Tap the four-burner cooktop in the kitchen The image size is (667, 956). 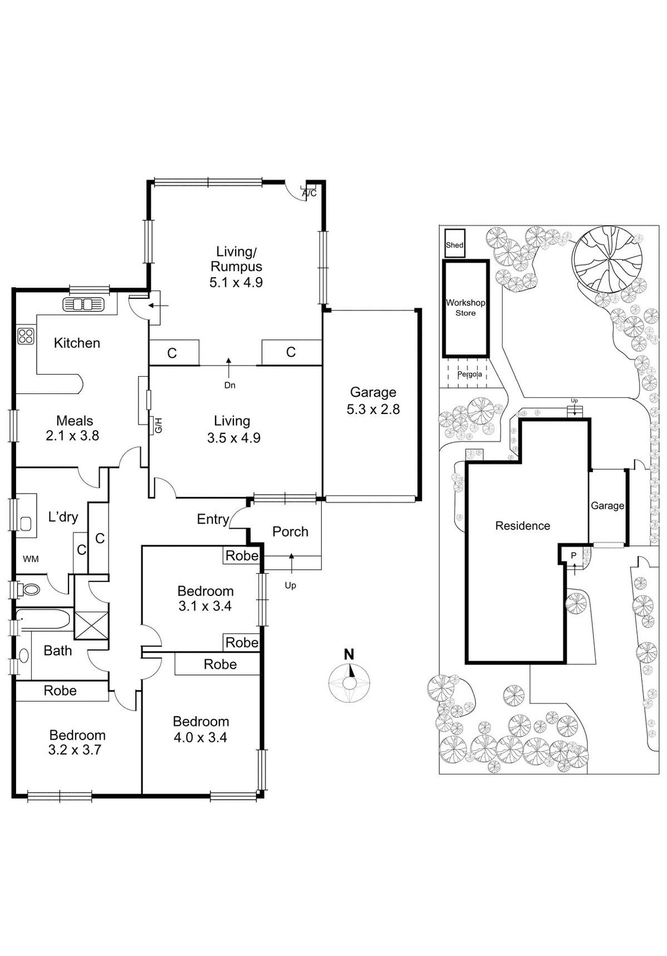(x=26, y=336)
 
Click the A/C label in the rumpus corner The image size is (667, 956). (x=310, y=193)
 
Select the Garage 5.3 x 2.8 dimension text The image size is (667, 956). (x=373, y=410)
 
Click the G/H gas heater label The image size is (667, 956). (x=158, y=426)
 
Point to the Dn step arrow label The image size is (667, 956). (x=229, y=385)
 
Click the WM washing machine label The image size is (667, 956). (x=31, y=559)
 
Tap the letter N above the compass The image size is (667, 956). (x=349, y=654)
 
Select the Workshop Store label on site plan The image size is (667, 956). (x=465, y=308)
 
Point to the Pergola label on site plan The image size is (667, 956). (x=469, y=374)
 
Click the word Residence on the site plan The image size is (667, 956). (x=522, y=526)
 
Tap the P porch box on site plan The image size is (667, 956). (x=573, y=555)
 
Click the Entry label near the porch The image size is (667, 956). (x=213, y=519)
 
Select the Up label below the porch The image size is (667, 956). (x=290, y=585)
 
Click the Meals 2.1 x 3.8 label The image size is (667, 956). (x=73, y=428)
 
